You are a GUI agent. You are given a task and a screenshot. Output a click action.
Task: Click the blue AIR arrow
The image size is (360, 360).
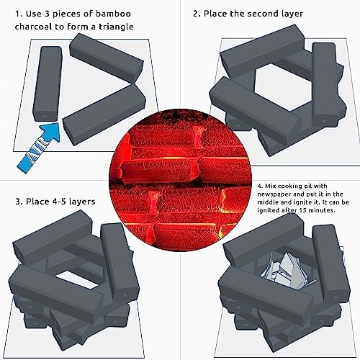pyautogui.click(x=38, y=147)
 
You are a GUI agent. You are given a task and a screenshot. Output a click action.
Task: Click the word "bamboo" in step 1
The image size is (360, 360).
pyautogui.click(x=113, y=14)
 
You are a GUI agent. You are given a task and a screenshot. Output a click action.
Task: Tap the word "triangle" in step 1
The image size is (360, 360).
pyautogui.click(x=116, y=27)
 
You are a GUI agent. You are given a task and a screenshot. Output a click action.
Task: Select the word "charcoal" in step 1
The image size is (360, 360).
pyautogui.click(x=34, y=27)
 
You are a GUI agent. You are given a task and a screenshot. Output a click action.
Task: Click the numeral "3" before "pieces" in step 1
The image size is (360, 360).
pyautogui.click(x=47, y=14)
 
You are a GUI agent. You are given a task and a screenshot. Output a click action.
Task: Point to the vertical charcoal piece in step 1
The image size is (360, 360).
pyautogui.click(x=48, y=84)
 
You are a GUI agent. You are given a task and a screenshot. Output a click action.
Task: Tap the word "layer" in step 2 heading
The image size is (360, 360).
pyautogui.click(x=290, y=14)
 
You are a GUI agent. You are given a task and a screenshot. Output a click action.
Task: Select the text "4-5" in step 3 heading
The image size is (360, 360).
pyautogui.click(x=60, y=202)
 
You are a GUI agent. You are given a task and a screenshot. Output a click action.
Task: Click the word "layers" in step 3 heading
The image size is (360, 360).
pyautogui.click(x=82, y=202)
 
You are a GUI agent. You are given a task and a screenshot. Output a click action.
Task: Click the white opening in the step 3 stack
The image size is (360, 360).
pyautogui.click(x=76, y=279)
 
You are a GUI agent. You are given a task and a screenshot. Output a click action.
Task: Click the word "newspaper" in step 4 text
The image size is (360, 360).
pyautogui.click(x=273, y=194)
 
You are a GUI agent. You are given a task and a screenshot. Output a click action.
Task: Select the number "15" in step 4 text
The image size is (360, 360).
pyautogui.click(x=302, y=210)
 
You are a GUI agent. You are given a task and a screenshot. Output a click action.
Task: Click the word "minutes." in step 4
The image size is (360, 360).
pyautogui.click(x=321, y=210)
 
